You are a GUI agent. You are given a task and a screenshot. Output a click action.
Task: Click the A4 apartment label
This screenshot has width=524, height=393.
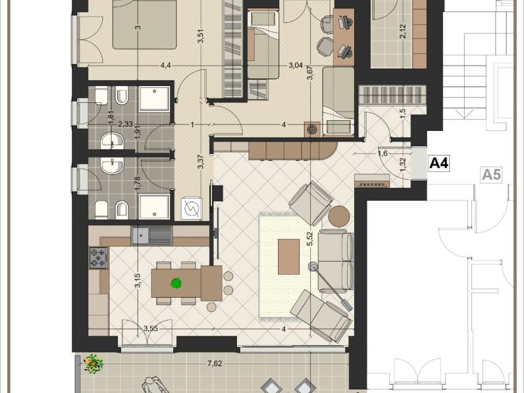pos(439,164)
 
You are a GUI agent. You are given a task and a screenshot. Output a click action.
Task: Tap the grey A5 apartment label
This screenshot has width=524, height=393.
pos(492,175)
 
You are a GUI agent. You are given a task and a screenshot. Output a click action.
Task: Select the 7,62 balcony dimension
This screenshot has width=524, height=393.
pos(214,364)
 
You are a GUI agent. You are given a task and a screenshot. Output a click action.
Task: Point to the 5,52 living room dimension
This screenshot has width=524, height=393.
pos(311,239)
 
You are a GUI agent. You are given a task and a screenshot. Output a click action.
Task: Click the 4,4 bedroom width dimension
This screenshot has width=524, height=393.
pos(165,65)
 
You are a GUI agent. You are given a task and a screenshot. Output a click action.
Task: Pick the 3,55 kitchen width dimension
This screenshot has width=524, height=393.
pos(151,329)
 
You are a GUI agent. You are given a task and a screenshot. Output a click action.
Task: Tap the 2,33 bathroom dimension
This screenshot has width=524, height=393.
pos(126,124)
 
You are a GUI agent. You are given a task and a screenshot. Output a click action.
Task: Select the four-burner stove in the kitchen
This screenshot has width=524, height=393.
pos(99,258)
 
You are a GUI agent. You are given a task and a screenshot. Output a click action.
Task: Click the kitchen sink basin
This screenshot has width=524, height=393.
pos(140,235)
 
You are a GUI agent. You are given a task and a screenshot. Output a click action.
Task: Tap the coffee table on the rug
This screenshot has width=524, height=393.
pos(289,257)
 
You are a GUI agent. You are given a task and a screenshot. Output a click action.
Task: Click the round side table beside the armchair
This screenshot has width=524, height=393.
pos(339,216)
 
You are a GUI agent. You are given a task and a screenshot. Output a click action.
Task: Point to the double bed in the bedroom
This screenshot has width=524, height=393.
pos(145,24)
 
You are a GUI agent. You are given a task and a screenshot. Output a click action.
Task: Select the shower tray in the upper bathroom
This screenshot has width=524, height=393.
pos(154,99)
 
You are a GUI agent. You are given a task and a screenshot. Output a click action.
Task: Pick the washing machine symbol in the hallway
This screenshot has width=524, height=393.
pos(192,209)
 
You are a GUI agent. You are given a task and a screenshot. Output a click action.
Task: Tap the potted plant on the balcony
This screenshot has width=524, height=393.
pos(93,364)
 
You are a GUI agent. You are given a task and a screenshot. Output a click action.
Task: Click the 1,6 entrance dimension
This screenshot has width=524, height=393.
pos(383,154)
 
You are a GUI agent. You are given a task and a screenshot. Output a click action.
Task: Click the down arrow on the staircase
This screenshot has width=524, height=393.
pos(465,114)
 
